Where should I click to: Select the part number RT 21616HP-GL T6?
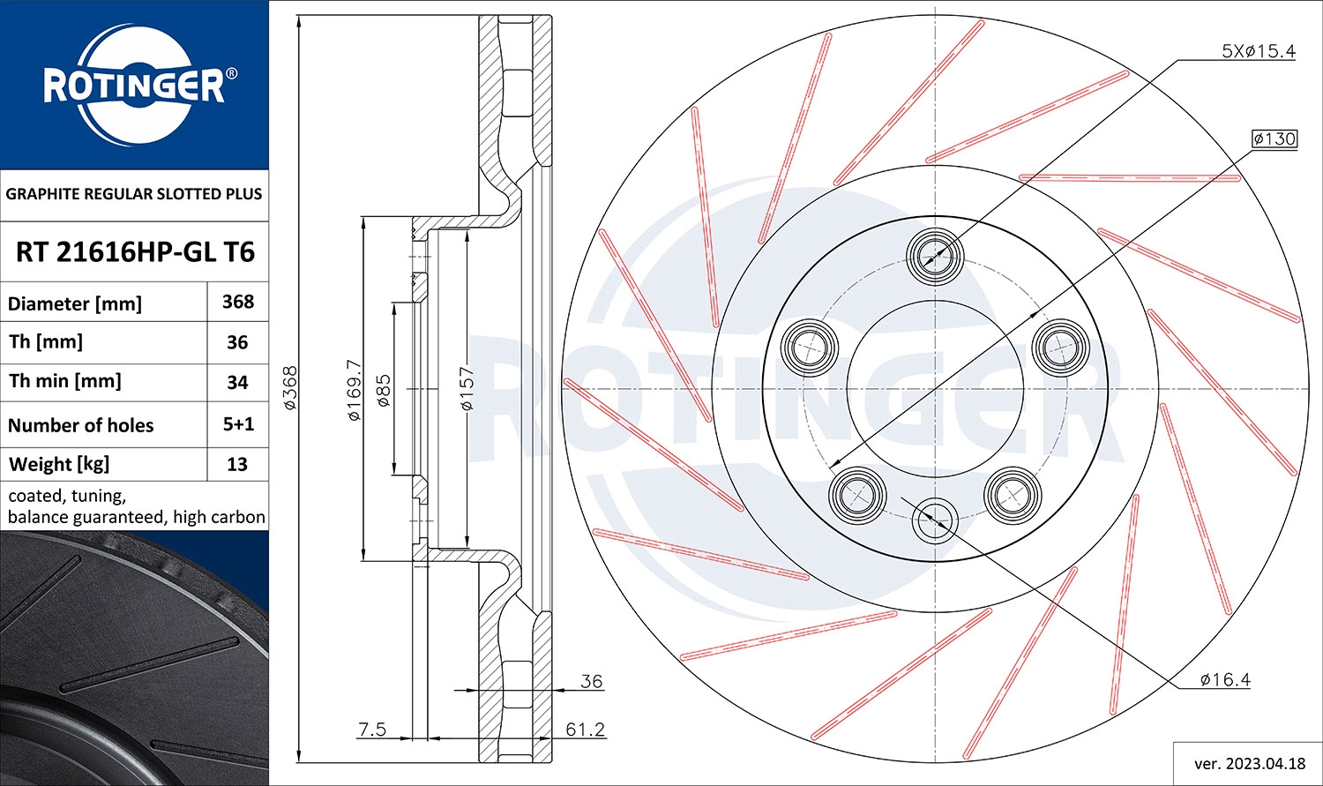(135, 252)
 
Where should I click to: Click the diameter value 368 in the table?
(238, 302)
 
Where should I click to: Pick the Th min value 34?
(237, 382)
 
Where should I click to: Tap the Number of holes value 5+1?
(238, 424)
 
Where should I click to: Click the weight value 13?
(237, 464)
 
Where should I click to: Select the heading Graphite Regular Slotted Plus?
(134, 194)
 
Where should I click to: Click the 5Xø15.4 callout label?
(1258, 51)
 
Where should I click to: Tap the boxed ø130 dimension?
(1274, 138)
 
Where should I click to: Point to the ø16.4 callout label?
(1225, 679)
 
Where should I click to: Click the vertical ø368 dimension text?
(290, 387)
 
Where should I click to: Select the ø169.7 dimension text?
(354, 389)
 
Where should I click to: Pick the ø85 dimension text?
(384, 389)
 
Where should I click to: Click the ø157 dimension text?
(467, 389)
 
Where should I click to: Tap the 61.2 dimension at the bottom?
(586, 729)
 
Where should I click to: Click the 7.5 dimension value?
(372, 729)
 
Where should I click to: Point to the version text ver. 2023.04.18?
(1247, 764)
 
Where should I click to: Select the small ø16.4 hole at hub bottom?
(934, 520)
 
